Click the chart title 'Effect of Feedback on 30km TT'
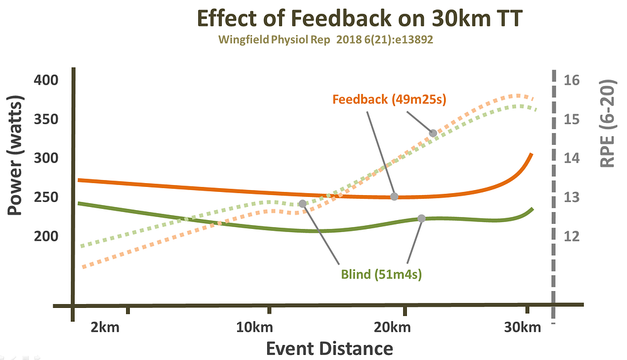(x=359, y=19)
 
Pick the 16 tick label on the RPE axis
(x=571, y=80)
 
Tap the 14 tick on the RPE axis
(x=571, y=158)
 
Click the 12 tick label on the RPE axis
(x=571, y=236)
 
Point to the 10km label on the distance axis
(x=255, y=327)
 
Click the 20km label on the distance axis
(x=392, y=327)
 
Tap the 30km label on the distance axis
(x=522, y=327)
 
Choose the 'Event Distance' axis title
(x=330, y=349)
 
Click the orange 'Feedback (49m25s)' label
(x=389, y=100)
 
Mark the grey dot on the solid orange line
(x=394, y=197)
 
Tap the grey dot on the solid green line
(x=421, y=218)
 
